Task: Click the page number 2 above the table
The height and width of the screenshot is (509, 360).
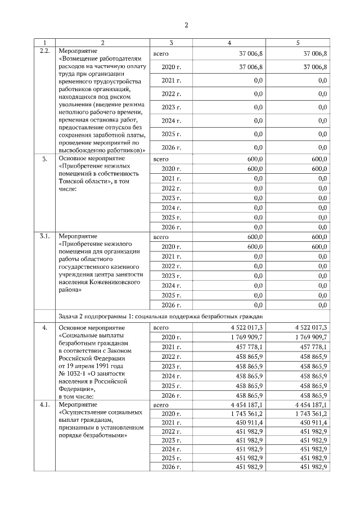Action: pos(186,24)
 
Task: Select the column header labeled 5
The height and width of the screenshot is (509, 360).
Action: pos(298,43)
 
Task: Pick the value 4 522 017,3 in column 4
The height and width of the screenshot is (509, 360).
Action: pos(246,327)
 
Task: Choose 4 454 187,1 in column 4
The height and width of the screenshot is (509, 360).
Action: pos(246,404)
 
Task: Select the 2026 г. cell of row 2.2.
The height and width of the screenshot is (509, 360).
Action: pos(171,147)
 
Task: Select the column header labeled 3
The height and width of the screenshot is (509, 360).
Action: pos(171,43)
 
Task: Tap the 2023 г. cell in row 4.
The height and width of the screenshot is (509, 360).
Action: pos(171,366)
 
